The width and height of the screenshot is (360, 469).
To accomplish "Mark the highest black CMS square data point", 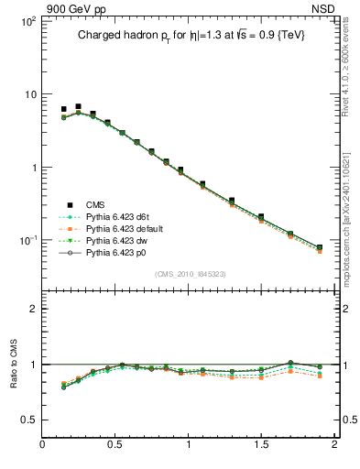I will [x=78, y=107].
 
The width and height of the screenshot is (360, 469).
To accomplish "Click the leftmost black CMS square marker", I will [x=63, y=109].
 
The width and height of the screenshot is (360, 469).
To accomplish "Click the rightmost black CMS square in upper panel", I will [x=320, y=247].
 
